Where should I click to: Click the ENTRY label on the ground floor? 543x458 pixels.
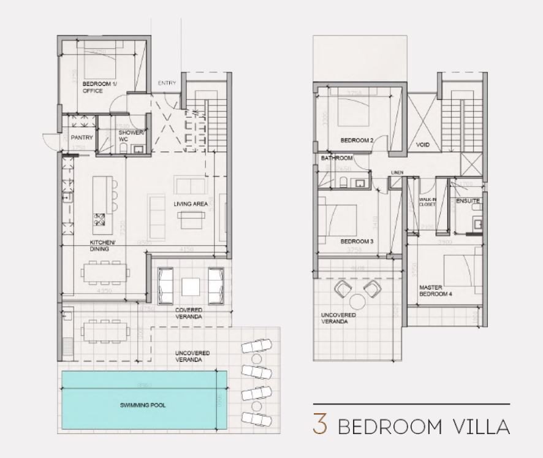coord(167,83)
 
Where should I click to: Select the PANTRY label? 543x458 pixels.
coord(82,138)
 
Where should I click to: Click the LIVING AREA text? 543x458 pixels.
coord(189,204)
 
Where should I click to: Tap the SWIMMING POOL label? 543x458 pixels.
coord(143,406)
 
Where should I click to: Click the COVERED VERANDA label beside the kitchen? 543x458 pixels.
coord(189,313)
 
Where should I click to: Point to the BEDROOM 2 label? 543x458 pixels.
coord(357,140)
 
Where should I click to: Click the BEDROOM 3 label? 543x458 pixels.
coord(357,242)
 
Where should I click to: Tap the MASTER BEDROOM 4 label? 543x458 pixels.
coord(435,291)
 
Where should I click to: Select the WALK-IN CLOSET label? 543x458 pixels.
coord(427,202)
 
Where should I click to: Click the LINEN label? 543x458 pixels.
coord(397,173)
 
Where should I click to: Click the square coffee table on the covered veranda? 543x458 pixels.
coord(189,286)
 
